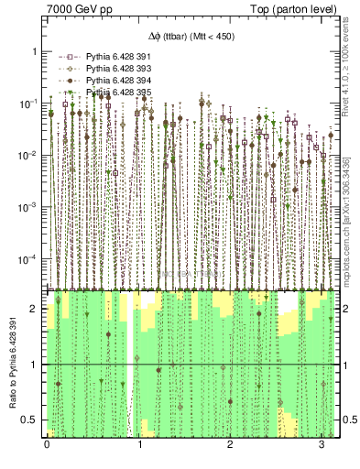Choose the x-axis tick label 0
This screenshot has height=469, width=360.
[47, 443]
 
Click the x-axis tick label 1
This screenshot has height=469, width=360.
[138, 443]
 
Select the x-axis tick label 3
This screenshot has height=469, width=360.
[322, 443]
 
